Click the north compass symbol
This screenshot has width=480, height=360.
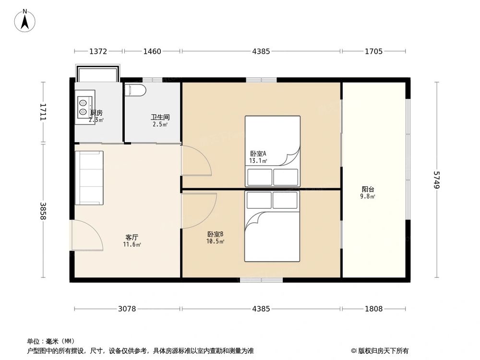pos(25,20)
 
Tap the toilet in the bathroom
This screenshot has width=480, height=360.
pos(135,90)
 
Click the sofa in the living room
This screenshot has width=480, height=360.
pos(89,178)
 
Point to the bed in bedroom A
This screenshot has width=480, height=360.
pos(272,151)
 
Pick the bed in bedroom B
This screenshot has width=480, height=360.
pos(272,227)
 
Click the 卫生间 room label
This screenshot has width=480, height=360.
pos(160,117)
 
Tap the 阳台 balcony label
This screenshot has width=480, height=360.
pos(368,189)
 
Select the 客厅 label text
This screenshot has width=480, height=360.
pos(132,238)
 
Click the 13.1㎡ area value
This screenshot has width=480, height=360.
pos(258,161)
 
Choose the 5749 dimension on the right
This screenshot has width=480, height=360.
pos(436,180)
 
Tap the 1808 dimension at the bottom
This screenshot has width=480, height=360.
pos(373,309)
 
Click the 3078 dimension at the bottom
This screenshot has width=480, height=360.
pos(127,309)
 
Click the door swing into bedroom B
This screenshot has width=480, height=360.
pos(198,210)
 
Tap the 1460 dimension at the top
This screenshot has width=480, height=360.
pos(152,51)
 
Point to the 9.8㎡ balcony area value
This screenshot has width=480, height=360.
pos(368,196)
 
